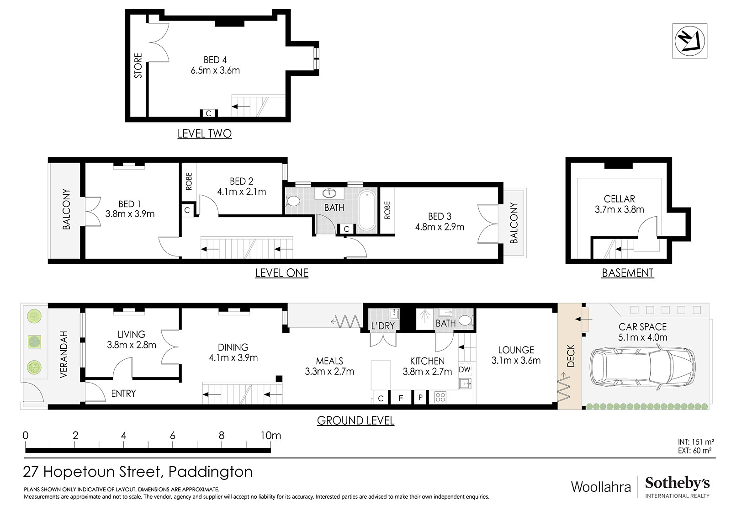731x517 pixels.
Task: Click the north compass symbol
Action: coord(689,41)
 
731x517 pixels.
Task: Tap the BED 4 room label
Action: coord(215,60)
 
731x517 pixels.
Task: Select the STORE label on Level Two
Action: coord(138,66)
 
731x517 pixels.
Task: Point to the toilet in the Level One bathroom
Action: coord(293,201)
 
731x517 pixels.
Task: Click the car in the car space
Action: coord(642,368)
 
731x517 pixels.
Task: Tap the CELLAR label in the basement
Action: coord(619,199)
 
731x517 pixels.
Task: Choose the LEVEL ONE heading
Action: coord(281,273)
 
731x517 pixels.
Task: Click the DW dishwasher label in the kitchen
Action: coord(464,369)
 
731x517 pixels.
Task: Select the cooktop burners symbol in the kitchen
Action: coord(440,398)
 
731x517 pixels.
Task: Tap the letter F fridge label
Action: coord(401,398)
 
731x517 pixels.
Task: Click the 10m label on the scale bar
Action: coord(270,435)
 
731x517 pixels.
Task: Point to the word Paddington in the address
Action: coord(211,472)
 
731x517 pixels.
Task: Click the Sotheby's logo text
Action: coord(677,483)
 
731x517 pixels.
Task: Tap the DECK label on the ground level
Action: coord(571,356)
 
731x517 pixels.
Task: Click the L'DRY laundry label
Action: coord(383,325)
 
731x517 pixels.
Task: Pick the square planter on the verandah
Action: coord(34,341)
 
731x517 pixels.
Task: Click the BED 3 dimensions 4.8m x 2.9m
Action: coord(440,227)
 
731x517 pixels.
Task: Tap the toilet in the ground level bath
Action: coord(466,320)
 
